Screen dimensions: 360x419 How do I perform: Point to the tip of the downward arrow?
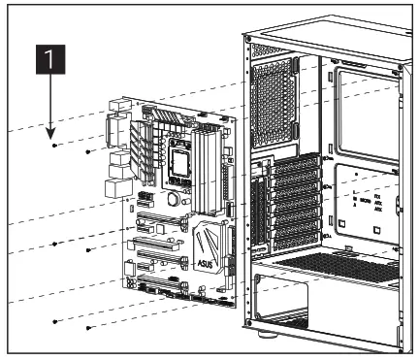(x=51, y=134)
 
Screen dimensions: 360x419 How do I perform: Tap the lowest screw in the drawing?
(x=89, y=328)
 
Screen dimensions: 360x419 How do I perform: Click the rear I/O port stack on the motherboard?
(x=117, y=146)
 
